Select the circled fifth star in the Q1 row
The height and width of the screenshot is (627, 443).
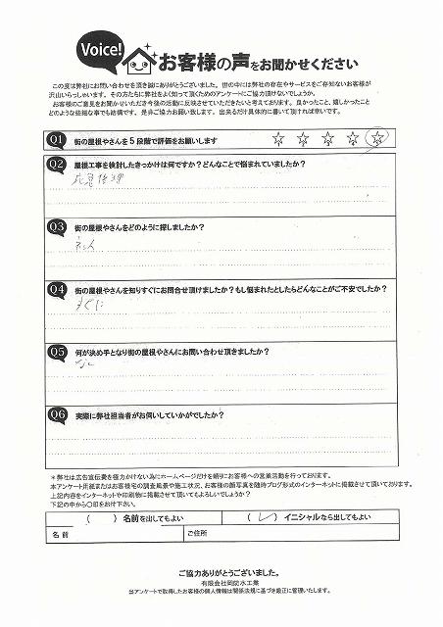374,139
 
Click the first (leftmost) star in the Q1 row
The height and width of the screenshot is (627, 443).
277,139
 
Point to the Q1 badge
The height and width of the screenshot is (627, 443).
57,140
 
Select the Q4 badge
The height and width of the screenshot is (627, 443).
57,290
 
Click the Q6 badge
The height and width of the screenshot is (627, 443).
57,412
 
